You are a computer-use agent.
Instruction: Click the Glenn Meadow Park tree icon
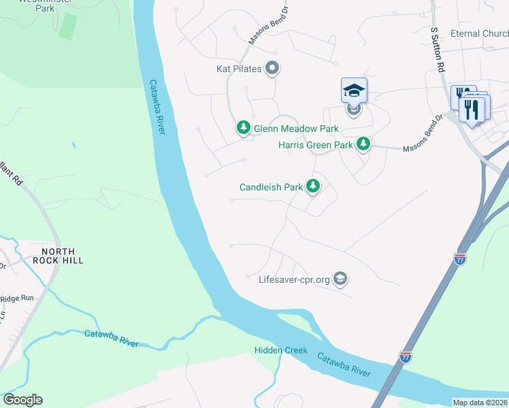tap(244, 128)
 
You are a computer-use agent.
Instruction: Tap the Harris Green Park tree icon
tap(363, 144)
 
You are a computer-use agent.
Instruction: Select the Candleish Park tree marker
tap(313, 186)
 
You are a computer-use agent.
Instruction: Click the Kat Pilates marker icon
tap(273, 68)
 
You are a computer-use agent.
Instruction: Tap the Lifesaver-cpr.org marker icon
tap(341, 279)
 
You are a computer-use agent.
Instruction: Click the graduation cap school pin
tap(354, 90)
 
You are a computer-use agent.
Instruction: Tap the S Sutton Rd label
tap(440, 50)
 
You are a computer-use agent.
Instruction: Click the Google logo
tap(22, 400)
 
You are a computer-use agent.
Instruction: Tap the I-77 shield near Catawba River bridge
tap(405, 357)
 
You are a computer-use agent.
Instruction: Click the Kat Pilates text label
tap(239, 69)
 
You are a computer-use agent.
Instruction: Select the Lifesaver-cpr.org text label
tap(295, 279)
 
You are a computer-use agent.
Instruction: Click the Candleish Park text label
tap(271, 186)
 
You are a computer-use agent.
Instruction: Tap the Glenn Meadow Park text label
tap(296, 129)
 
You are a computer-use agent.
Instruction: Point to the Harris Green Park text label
tap(316, 145)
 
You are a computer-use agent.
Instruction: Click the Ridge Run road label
tap(16, 298)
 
